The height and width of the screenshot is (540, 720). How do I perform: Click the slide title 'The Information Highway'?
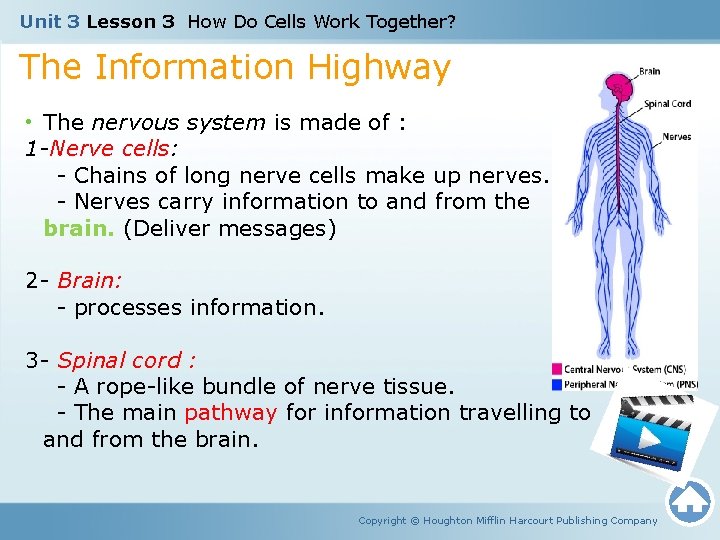click(x=235, y=68)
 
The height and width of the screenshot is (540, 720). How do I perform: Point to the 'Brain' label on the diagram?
click(x=649, y=72)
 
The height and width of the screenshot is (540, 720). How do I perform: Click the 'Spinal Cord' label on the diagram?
click(x=667, y=104)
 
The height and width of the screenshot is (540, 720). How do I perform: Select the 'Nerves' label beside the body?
click(x=676, y=137)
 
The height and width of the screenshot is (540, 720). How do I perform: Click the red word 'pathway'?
click(x=230, y=412)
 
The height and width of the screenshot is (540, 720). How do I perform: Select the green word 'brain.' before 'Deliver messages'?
click(x=79, y=228)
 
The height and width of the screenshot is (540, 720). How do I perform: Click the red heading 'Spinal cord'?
click(x=125, y=360)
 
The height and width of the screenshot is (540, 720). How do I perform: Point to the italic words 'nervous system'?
click(x=178, y=123)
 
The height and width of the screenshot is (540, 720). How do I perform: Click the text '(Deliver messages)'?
click(x=230, y=228)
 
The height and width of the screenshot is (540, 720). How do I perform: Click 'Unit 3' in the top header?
click(x=49, y=21)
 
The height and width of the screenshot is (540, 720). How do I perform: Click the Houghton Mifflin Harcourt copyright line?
click(x=508, y=520)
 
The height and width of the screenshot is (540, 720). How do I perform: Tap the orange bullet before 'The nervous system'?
click(x=30, y=123)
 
